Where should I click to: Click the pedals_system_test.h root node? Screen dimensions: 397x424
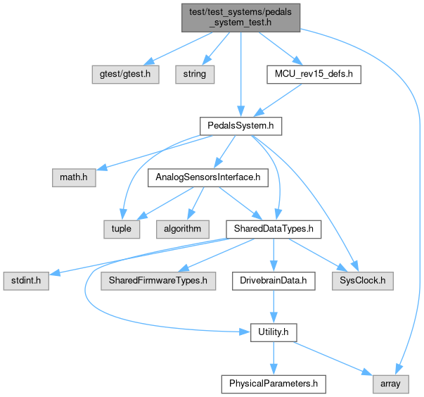[x=240, y=15]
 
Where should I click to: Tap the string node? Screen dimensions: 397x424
[x=195, y=73]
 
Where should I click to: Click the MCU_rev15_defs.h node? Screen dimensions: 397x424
[x=313, y=73]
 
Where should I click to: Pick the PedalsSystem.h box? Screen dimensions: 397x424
[x=240, y=126]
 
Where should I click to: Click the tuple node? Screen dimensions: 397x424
[x=121, y=229]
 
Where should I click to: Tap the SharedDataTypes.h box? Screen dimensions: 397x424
[x=273, y=229]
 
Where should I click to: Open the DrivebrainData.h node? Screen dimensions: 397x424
[x=273, y=281]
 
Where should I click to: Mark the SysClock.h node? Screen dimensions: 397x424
[x=363, y=281]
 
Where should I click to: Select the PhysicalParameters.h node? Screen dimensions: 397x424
[x=273, y=384]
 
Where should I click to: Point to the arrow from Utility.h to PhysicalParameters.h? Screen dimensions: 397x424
[x=273, y=358]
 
